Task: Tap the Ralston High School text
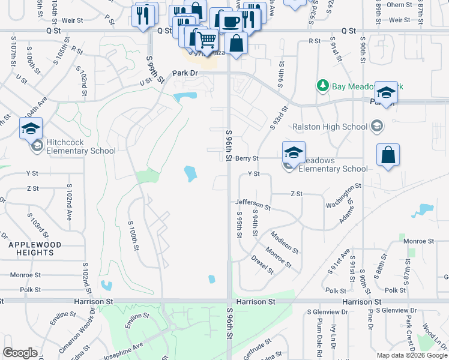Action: tap(330, 127)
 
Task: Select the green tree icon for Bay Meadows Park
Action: tap(323, 86)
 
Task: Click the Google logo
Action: tap(20, 353)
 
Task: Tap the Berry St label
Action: tap(247, 158)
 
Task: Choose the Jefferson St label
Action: tap(253, 205)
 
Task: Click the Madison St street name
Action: tap(284, 241)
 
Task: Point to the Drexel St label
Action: tap(262, 264)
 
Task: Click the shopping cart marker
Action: tap(206, 40)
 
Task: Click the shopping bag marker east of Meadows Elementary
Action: tap(388, 155)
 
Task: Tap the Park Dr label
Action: tap(184, 73)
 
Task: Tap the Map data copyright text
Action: tap(412, 355)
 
